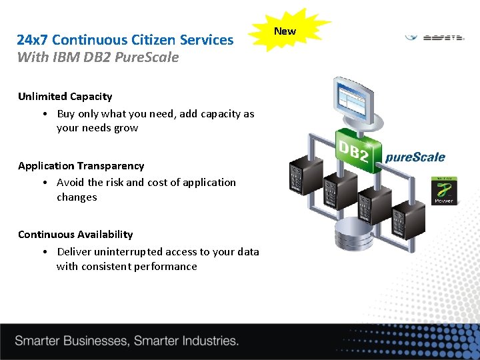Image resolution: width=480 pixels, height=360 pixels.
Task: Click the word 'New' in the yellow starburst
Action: point(285,31)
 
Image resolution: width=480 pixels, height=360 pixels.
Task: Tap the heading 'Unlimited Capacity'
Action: point(65,97)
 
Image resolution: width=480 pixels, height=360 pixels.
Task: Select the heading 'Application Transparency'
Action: point(81,166)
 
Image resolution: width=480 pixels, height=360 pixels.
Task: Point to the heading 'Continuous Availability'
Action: point(75,235)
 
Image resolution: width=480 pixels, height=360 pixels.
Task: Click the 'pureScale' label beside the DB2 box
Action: point(415,158)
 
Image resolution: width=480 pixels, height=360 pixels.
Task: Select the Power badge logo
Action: point(444,190)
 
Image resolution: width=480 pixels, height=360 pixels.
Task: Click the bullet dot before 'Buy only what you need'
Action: point(43,114)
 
